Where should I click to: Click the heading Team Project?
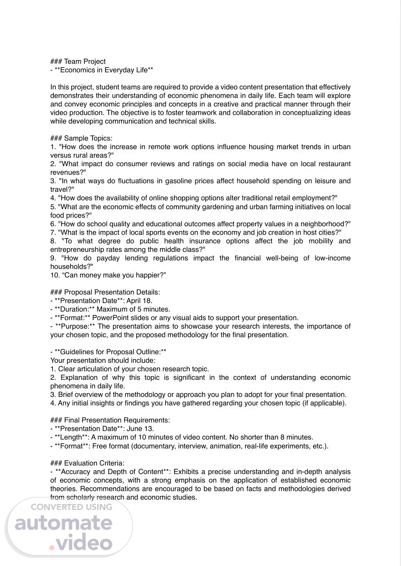click(x=85, y=62)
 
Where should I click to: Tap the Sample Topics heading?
click(x=88, y=138)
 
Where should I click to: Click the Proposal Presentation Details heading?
click(x=112, y=292)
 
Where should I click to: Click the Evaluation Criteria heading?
click(x=94, y=463)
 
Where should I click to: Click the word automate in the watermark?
click(x=63, y=523)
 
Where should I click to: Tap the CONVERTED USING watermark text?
click(x=71, y=507)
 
